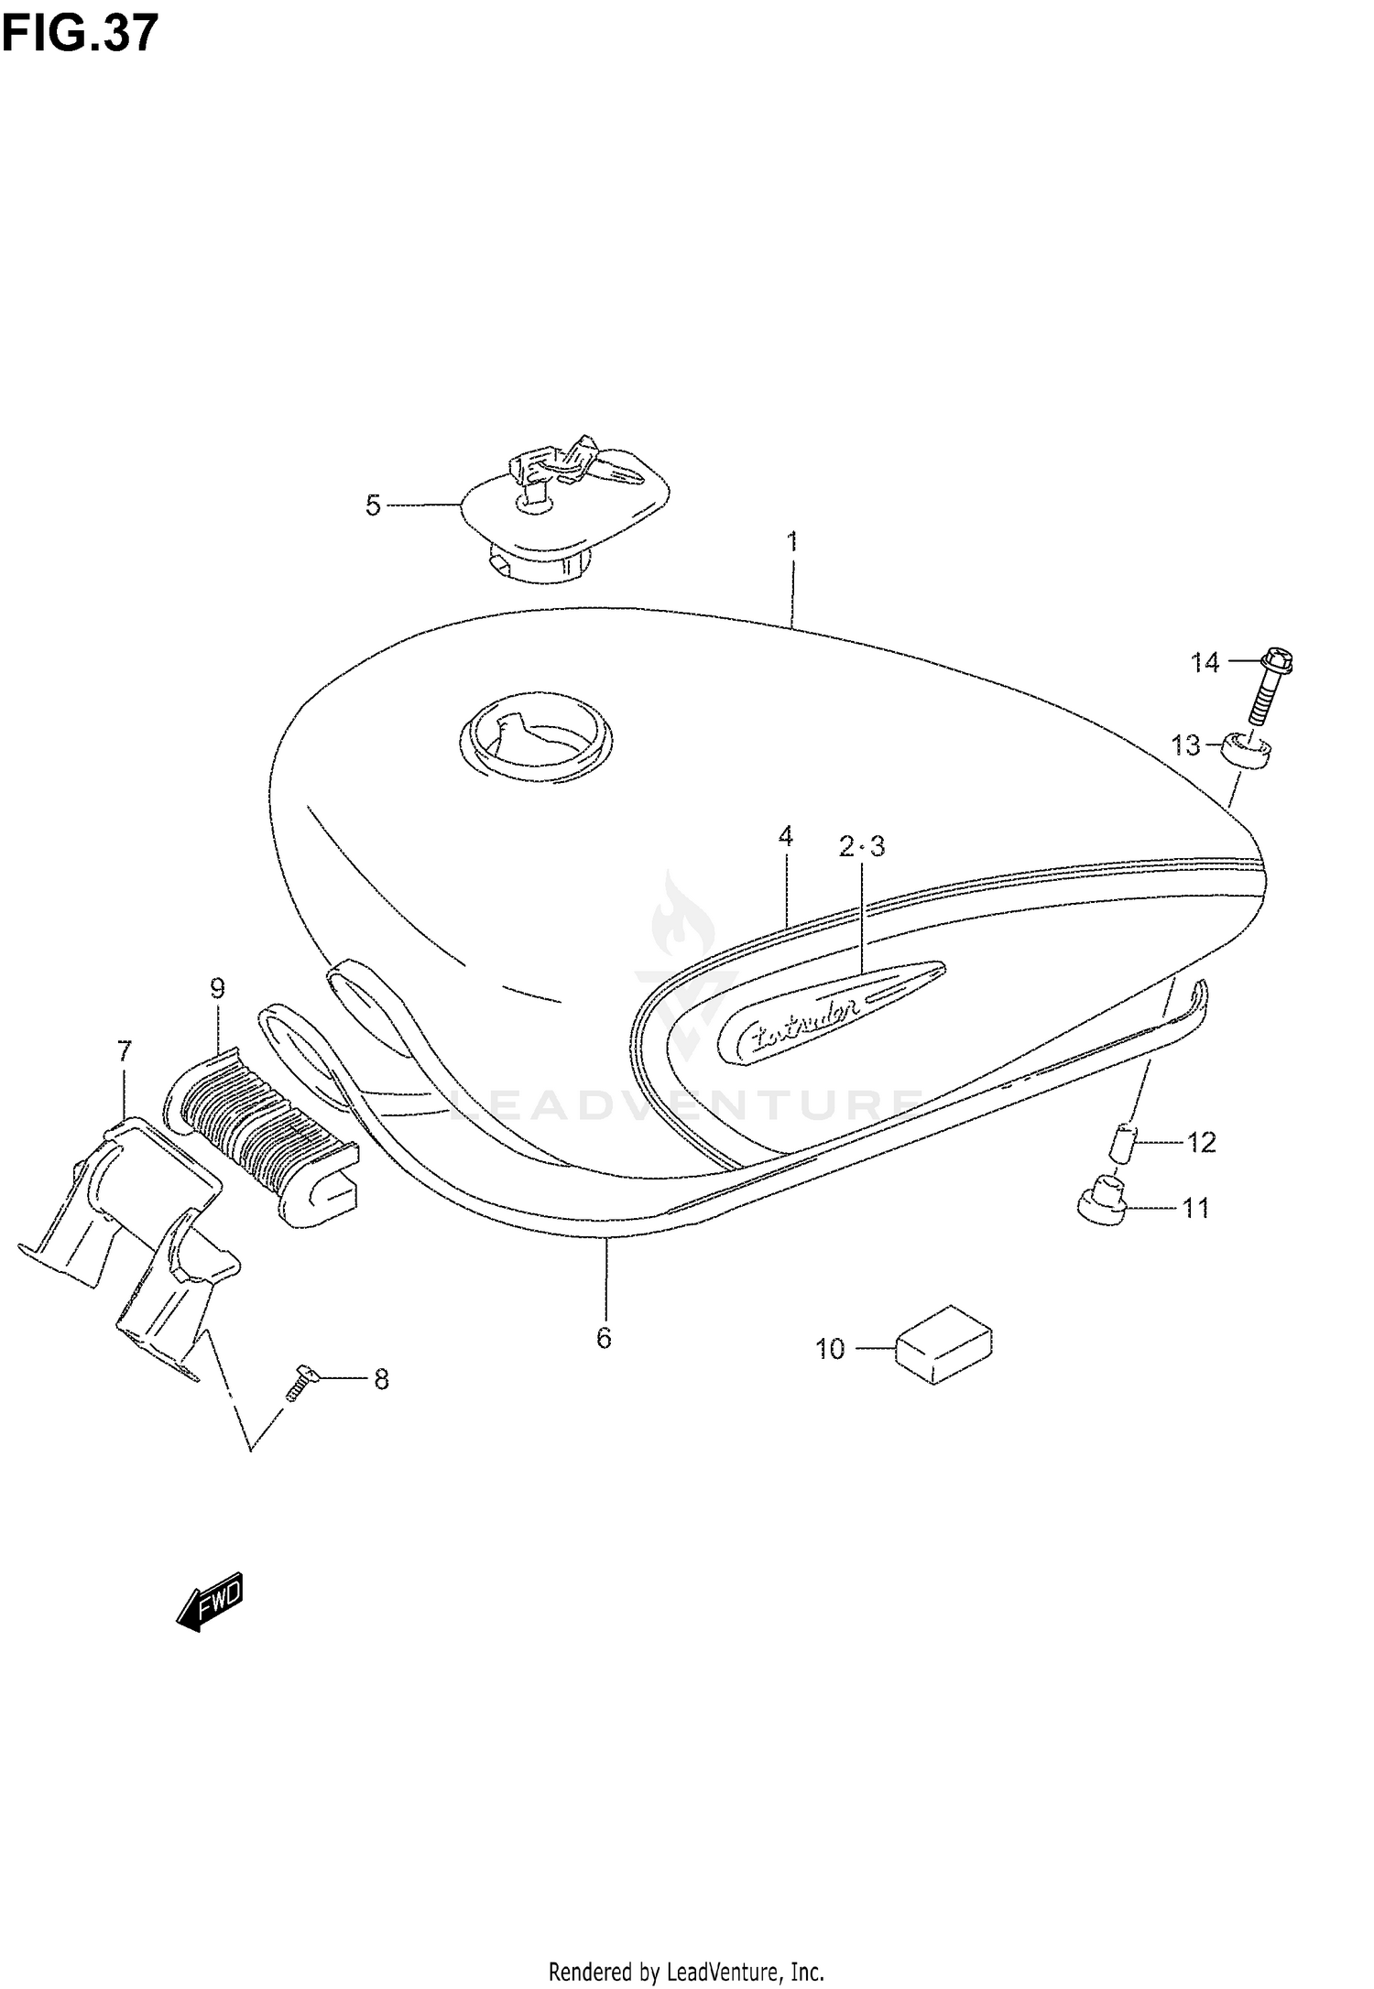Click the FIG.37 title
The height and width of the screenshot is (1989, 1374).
coord(80,35)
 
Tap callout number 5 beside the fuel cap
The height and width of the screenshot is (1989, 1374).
coord(373,505)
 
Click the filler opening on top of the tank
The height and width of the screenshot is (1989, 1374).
coord(536,733)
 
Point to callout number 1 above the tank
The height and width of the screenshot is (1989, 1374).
coord(792,541)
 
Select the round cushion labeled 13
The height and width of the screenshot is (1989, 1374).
coord(1247,753)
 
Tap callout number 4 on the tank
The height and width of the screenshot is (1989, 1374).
coord(785,836)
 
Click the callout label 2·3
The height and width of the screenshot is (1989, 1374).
coord(862,847)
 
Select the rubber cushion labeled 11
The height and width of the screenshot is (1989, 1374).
coord(1101,1200)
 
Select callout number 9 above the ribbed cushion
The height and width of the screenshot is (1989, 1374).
coord(217,988)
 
